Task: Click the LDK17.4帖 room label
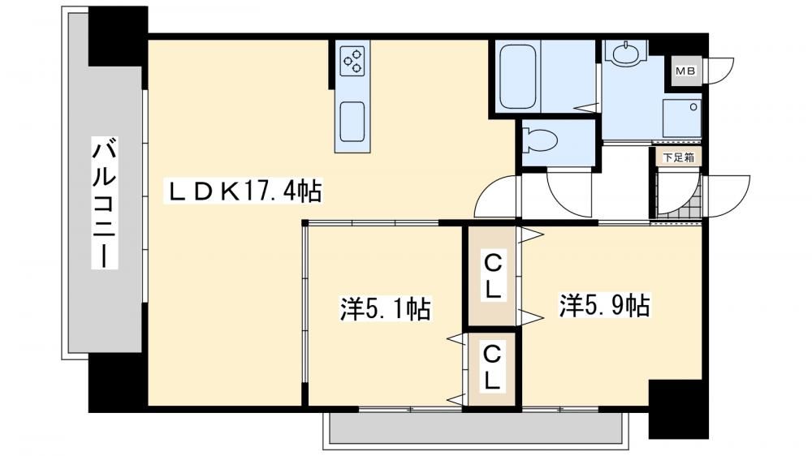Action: [244, 191]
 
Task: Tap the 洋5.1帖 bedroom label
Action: [385, 308]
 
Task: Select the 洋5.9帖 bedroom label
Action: [604, 305]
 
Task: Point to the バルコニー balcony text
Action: [104, 202]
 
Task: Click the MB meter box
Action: [686, 71]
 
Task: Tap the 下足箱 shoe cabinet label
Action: [679, 157]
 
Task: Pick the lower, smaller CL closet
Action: [493, 368]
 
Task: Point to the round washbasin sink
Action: [628, 53]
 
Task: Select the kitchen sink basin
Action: [352, 121]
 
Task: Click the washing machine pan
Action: [682, 118]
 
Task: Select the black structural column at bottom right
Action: [678, 409]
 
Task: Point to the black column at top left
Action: [118, 37]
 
